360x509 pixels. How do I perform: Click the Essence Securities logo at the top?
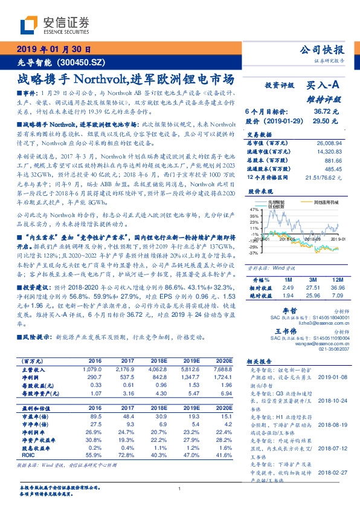(x=54, y=25)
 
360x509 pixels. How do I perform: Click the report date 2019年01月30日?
(x=53, y=50)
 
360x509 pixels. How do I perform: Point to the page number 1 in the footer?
(x=179, y=488)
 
